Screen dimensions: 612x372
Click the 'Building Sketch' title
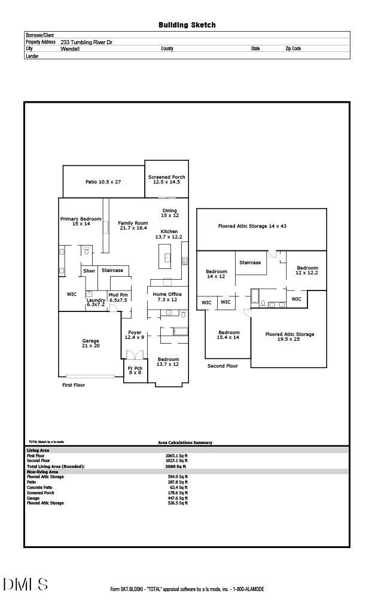click(187, 25)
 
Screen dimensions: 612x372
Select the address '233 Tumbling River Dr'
click(86, 42)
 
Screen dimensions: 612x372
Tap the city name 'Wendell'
click(70, 49)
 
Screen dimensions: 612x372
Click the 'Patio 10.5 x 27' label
click(103, 182)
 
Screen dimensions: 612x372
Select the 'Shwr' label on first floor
click(89, 271)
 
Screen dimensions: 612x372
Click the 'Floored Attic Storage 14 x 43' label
click(261, 227)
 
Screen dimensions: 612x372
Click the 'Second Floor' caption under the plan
click(222, 365)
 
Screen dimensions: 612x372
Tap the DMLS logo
click(26, 585)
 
